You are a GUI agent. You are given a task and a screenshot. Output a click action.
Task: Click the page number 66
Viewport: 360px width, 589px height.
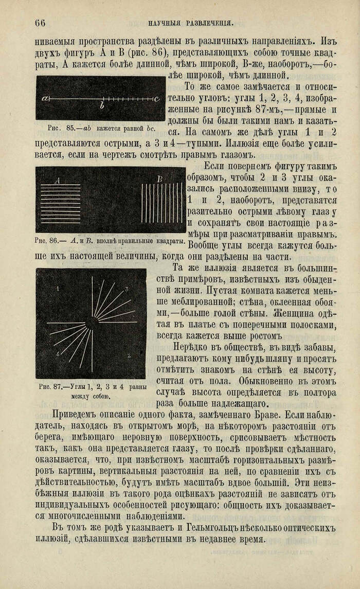(40, 22)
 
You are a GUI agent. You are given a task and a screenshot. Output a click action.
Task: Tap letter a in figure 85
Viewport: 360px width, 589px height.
(45, 98)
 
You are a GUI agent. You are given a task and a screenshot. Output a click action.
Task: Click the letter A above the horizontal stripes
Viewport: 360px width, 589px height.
(58, 181)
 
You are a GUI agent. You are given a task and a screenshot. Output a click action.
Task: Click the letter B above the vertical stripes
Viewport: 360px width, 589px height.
(159, 179)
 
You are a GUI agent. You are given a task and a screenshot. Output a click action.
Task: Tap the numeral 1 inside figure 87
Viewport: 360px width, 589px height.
(58, 289)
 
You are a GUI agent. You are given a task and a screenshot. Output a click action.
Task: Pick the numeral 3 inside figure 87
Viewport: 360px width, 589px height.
(126, 290)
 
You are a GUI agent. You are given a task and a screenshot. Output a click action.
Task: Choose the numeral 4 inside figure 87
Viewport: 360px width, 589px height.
(58, 354)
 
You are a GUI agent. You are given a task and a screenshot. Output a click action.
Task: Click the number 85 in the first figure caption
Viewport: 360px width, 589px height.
(68, 128)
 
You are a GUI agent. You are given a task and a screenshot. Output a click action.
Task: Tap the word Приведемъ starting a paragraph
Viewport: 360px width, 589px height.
(77, 414)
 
